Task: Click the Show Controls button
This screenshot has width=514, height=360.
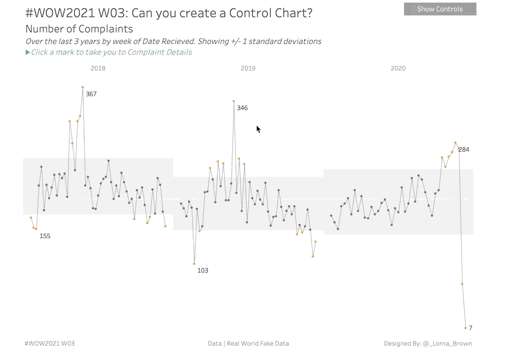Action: (440, 9)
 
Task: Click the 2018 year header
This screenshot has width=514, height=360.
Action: (98, 68)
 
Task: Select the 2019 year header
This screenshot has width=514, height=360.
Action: (248, 68)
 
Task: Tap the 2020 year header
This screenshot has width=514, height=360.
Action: (398, 68)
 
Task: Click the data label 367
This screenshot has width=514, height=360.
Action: (91, 94)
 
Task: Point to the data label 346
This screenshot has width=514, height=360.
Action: (242, 108)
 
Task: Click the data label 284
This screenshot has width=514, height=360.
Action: (464, 150)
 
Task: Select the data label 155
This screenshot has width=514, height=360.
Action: (45, 236)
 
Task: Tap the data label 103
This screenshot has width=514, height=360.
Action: (203, 271)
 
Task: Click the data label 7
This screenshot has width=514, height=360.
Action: (470, 328)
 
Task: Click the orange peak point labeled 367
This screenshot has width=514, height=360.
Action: (83, 87)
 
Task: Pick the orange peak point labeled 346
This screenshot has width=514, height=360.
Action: (234, 101)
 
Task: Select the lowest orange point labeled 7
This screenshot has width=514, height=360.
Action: (465, 328)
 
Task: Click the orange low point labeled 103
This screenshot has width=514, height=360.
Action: (194, 264)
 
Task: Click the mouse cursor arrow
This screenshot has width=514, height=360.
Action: (259, 129)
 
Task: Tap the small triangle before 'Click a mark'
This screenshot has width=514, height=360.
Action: (28, 52)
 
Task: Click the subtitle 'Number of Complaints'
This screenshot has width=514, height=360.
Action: (79, 29)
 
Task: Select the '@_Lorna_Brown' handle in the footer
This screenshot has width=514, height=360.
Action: (447, 344)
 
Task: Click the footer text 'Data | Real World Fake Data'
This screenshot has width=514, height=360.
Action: (248, 344)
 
